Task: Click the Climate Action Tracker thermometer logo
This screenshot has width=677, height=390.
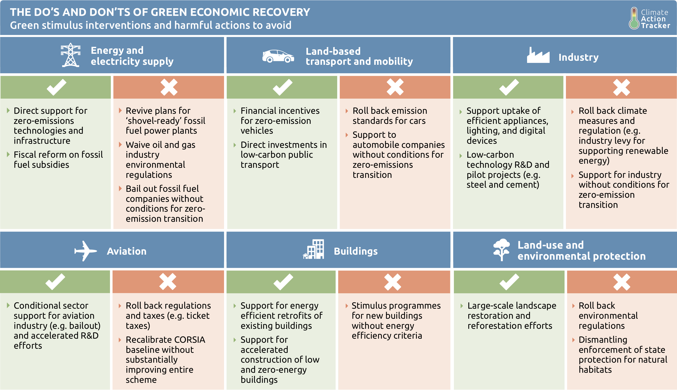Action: [x=634, y=18]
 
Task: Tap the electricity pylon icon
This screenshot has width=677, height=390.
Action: [x=70, y=55]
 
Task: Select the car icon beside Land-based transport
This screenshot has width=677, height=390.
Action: [x=278, y=56]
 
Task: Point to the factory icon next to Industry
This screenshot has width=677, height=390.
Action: [x=538, y=55]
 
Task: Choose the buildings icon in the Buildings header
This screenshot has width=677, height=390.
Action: [x=314, y=249]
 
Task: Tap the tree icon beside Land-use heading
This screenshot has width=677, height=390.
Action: [x=501, y=249]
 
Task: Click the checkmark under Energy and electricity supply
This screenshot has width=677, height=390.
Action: [x=56, y=87]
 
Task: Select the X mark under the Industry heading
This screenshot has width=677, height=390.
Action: [x=621, y=87]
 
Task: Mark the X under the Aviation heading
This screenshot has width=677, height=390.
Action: [x=168, y=282]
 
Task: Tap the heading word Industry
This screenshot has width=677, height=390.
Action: [x=578, y=57]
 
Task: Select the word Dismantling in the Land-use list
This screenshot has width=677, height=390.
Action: [x=603, y=340]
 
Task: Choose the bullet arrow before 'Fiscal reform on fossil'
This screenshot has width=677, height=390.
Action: [x=8, y=155]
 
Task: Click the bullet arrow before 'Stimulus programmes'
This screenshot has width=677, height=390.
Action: [x=347, y=306]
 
